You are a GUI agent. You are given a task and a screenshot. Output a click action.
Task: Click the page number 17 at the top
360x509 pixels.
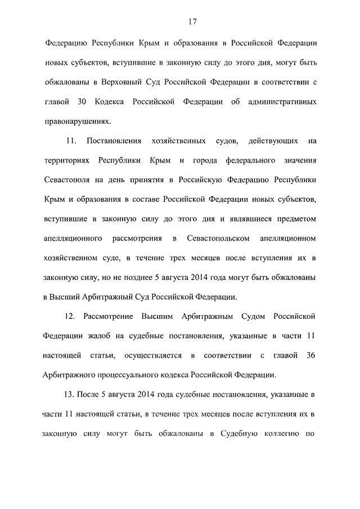(191, 22)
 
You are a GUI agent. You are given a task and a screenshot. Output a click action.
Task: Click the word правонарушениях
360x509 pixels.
(76, 120)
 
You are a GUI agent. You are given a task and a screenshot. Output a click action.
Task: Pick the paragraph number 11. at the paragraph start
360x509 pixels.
(71, 140)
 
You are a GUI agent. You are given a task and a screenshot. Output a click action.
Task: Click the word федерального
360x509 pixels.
(249, 160)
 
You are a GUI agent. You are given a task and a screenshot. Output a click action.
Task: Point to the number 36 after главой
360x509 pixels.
(311, 355)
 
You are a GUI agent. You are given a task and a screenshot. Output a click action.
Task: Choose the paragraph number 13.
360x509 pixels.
(70, 394)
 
